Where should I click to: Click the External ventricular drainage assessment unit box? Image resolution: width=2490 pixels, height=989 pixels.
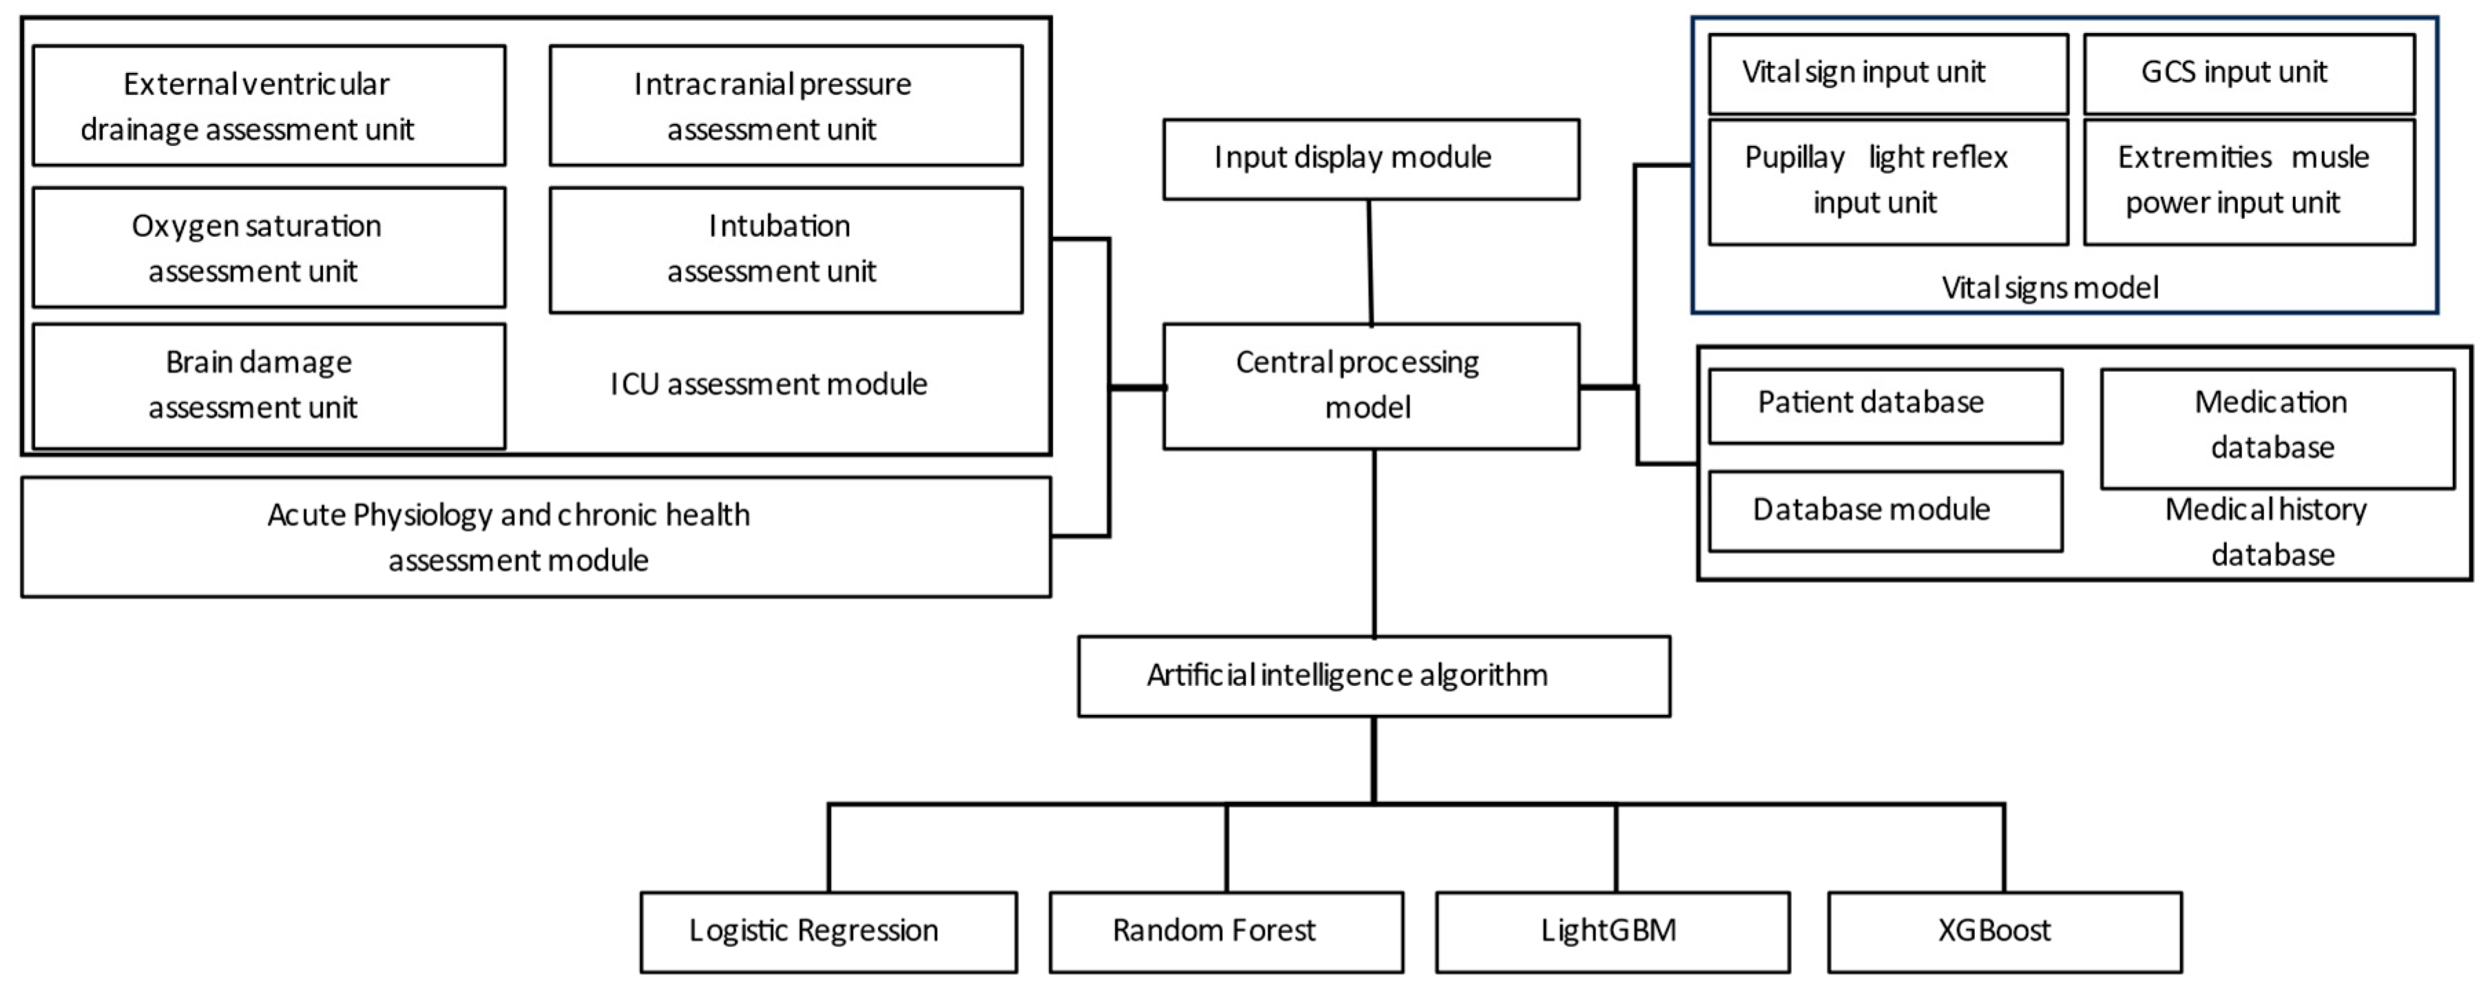(x=269, y=105)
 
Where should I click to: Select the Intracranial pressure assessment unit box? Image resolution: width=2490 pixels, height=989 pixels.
(x=785, y=105)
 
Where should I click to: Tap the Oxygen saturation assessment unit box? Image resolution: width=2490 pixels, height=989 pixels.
(x=269, y=247)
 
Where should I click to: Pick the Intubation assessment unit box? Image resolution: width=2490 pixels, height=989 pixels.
(x=785, y=249)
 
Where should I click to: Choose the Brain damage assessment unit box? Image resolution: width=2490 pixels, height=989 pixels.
(x=269, y=386)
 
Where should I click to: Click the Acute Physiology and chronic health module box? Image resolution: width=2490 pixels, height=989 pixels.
(x=536, y=537)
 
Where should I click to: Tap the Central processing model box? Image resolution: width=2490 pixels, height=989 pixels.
(x=1370, y=386)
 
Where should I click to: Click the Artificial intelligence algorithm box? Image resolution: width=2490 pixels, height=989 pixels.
(x=1374, y=676)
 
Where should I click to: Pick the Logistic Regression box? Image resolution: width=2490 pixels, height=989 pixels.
(x=828, y=931)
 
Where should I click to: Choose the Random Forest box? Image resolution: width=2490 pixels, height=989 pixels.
(x=1226, y=931)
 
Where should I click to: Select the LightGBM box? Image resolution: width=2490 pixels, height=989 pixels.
(x=1612, y=931)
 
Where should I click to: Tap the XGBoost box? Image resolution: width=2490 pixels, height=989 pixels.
(x=2005, y=931)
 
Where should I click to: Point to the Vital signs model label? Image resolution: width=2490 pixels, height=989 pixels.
(x=2049, y=288)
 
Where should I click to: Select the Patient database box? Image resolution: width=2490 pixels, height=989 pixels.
(x=1885, y=405)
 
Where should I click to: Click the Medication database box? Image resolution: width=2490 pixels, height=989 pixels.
(x=2277, y=427)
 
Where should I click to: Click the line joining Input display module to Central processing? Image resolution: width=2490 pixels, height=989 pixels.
(x=1370, y=261)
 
